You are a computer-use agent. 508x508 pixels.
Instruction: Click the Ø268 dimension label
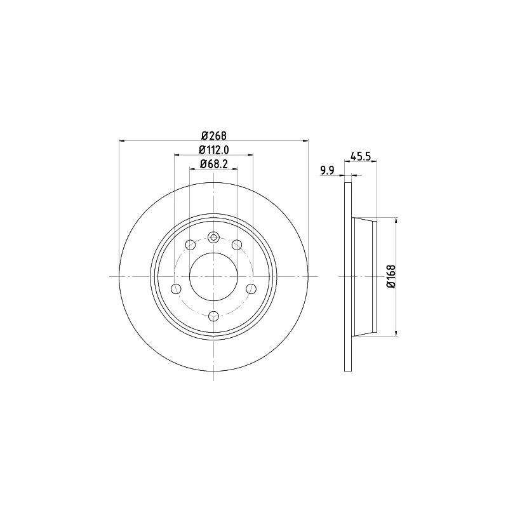point(214,135)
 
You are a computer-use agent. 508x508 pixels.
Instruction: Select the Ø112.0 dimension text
point(214,150)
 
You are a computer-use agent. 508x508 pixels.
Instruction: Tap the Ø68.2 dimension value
point(214,164)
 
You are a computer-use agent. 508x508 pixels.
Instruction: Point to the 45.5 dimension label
point(361,156)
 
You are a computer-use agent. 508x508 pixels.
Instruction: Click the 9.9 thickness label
point(327,170)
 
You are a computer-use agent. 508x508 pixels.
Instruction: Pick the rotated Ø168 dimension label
point(391,276)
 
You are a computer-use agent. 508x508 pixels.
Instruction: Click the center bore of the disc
point(213,277)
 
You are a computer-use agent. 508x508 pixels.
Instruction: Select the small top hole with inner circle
point(213,237)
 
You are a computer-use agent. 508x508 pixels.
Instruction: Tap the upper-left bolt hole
point(190,244)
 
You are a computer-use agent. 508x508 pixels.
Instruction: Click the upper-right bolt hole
point(237,244)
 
